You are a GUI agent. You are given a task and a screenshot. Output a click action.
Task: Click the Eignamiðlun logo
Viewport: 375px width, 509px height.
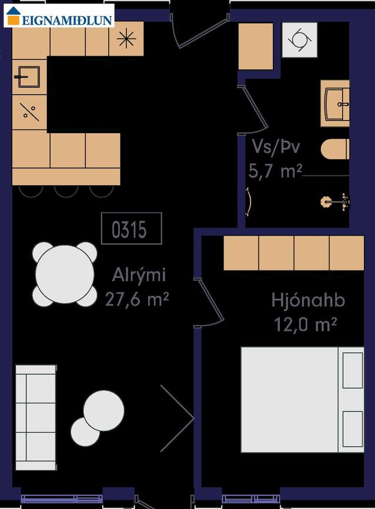click(59, 16)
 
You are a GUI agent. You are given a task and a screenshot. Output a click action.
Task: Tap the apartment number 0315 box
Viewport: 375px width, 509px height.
click(131, 228)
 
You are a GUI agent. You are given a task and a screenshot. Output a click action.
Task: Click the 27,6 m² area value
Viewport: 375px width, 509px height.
click(137, 299)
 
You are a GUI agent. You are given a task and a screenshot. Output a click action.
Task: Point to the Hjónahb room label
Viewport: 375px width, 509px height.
click(308, 300)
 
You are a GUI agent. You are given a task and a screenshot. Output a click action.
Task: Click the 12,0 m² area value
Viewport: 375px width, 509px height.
click(306, 324)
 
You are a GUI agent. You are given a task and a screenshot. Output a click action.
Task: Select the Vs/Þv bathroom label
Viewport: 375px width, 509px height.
click(276, 147)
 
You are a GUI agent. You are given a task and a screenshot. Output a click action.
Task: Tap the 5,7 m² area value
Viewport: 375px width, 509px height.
click(275, 171)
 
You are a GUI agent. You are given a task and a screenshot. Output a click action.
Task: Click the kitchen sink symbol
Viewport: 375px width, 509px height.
click(28, 76)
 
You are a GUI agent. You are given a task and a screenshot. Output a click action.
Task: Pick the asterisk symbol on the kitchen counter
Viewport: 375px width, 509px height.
click(126, 39)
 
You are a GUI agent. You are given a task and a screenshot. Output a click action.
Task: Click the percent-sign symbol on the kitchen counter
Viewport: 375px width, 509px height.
click(29, 112)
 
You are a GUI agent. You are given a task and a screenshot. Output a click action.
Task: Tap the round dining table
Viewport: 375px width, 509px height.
click(65, 274)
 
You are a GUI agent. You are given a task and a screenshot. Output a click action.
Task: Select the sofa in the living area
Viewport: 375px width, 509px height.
click(36, 417)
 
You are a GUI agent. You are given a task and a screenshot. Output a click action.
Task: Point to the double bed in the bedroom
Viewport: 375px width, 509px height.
click(302, 400)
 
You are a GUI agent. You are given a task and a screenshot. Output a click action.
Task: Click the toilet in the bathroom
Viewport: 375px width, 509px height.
click(335, 149)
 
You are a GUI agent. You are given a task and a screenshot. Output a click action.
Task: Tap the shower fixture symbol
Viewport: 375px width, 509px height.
click(335, 201)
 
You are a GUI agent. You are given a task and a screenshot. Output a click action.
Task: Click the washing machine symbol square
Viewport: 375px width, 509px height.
click(300, 40)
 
